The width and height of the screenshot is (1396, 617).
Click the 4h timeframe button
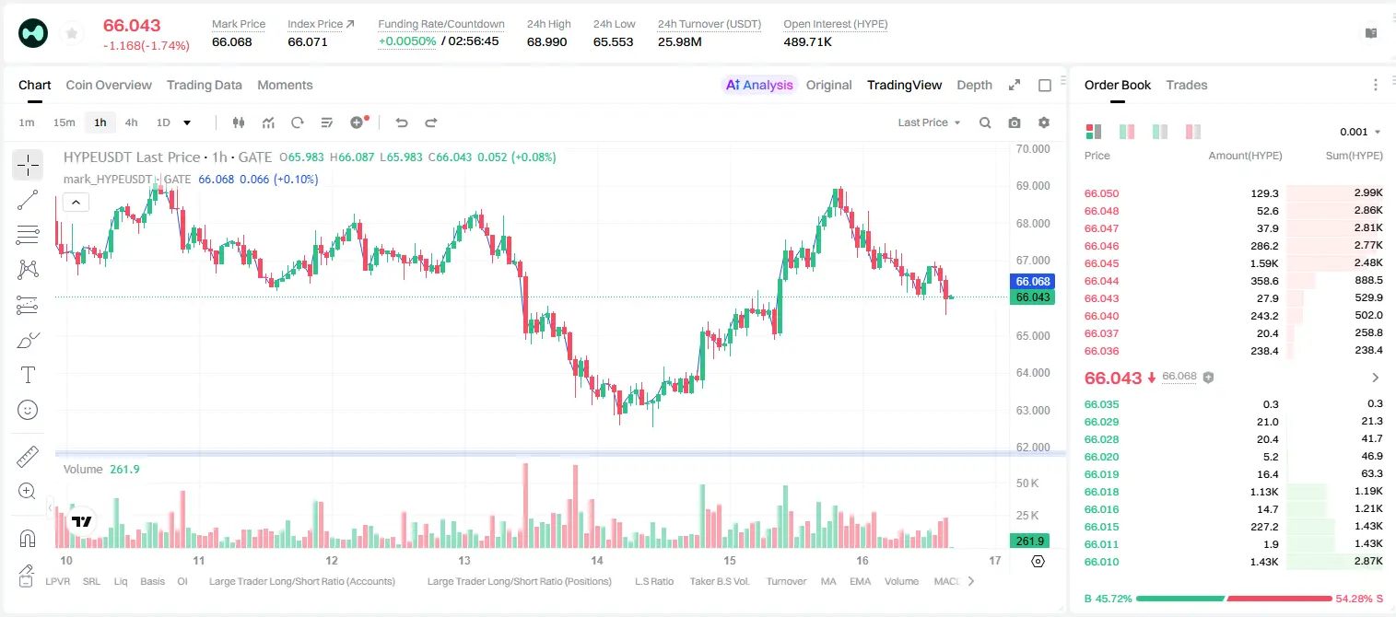coord(131,122)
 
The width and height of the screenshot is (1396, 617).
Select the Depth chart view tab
coord(974,85)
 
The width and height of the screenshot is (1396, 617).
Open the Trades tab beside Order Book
coord(1187,85)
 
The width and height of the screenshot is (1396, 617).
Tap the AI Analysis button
coord(759,85)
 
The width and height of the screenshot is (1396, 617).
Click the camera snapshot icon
coord(1015,122)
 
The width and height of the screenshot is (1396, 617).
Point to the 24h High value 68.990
coord(546,41)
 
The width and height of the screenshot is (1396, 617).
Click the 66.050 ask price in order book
coord(1101,193)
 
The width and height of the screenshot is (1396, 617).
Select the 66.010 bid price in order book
coord(1101,562)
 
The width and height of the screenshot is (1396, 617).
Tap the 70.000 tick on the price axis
coord(1033,149)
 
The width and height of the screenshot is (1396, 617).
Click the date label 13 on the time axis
coord(464,560)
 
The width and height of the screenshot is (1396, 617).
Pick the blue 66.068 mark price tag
coord(1033,282)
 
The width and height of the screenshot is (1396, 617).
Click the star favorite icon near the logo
coord(72,33)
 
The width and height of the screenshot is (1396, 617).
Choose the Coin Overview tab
coord(109,85)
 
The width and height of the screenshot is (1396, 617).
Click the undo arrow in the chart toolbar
coord(402,122)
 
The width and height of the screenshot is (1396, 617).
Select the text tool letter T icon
coord(28,375)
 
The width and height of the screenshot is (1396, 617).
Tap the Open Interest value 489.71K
coord(807,41)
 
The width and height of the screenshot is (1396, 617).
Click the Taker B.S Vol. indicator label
coord(719,581)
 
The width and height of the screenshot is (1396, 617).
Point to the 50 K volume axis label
coord(1027,483)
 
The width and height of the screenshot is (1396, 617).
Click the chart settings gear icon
coord(1044,122)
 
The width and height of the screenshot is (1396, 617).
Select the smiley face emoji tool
coord(28,410)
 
